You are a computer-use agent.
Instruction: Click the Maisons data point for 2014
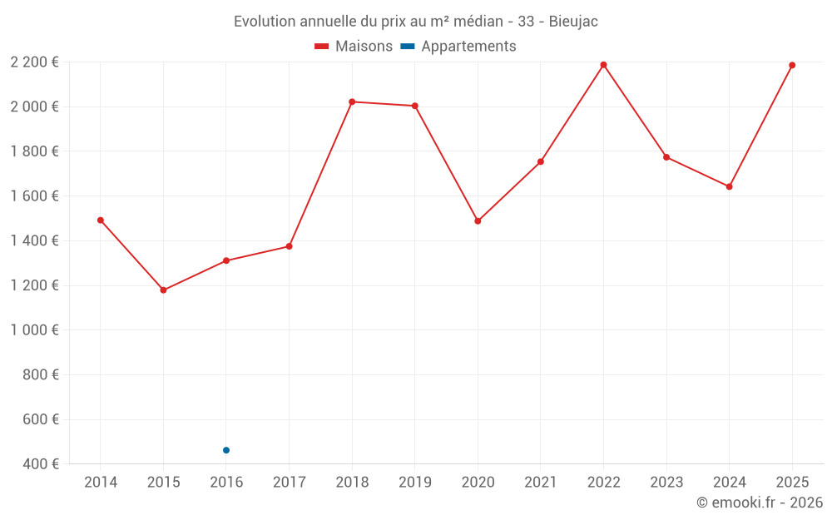[x=101, y=220]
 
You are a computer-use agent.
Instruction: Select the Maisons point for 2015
[x=163, y=290]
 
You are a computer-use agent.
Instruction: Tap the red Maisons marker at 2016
[x=226, y=260]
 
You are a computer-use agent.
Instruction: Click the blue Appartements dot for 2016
[x=226, y=450]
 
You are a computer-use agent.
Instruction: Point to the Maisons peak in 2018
[x=352, y=102]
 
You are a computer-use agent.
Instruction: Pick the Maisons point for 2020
[x=478, y=221]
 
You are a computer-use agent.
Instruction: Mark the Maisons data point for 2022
[x=603, y=65]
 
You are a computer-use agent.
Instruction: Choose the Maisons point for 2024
[x=729, y=186]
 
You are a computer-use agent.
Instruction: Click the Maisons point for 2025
[x=792, y=65]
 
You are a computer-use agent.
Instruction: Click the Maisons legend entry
[x=354, y=47]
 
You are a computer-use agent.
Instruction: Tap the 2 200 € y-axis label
[x=34, y=62]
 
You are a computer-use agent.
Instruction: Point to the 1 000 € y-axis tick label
[x=34, y=329]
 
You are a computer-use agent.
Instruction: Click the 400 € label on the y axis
[x=41, y=463]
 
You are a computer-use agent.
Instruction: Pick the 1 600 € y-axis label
[x=34, y=196]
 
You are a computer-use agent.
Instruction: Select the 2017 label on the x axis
[x=289, y=483]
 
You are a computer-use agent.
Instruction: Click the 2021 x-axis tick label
[x=540, y=483]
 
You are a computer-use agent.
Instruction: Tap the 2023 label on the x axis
[x=666, y=483]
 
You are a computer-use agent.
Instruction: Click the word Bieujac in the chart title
[x=573, y=22]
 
